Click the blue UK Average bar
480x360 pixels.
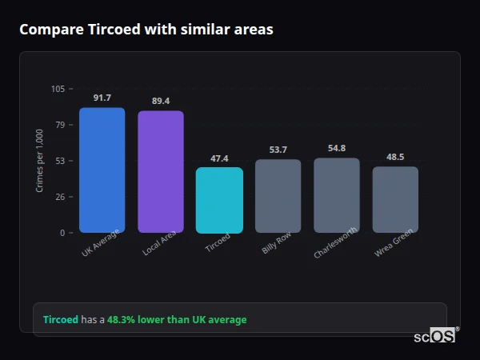pyautogui.click(x=102, y=170)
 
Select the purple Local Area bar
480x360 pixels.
pyautogui.click(x=160, y=171)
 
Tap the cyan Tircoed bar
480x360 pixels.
pyautogui.click(x=219, y=200)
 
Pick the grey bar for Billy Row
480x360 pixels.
pyautogui.click(x=278, y=196)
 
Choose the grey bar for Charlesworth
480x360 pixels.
pyautogui.click(x=337, y=195)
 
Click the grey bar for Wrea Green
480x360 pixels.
pyautogui.click(x=395, y=199)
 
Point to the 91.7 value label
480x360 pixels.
pyautogui.click(x=102, y=98)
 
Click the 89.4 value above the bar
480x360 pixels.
pyautogui.click(x=161, y=101)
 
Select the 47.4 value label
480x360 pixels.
pyautogui.click(x=219, y=158)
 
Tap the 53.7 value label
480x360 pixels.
pyautogui.click(x=278, y=150)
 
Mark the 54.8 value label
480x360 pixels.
pyautogui.click(x=337, y=148)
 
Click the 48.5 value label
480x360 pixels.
pyautogui.click(x=395, y=157)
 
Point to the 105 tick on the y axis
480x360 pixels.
pyautogui.click(x=58, y=89)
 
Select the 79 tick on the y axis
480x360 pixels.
pyautogui.click(x=61, y=125)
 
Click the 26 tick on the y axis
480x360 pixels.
pyautogui.click(x=61, y=197)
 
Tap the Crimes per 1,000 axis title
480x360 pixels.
pyautogui.click(x=40, y=161)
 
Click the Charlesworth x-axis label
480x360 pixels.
pyautogui.click(x=330, y=246)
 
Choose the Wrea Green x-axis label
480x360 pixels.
pyautogui.click(x=394, y=244)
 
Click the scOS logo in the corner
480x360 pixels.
pyautogui.click(x=435, y=336)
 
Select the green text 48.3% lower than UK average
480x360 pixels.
pyautogui.click(x=177, y=320)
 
